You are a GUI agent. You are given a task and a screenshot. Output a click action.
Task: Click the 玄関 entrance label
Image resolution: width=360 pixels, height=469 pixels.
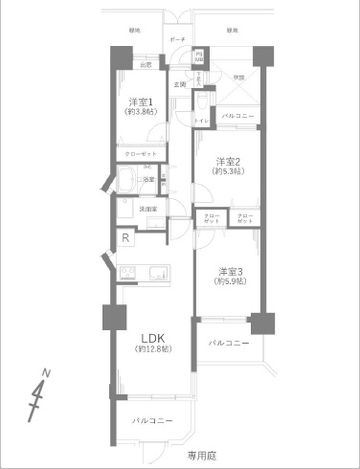(x=179, y=85)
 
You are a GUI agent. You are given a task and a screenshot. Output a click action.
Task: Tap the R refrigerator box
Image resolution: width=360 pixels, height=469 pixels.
(x=124, y=238)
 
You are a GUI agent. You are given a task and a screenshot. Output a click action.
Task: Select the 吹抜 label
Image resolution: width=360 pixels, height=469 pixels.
(x=238, y=77)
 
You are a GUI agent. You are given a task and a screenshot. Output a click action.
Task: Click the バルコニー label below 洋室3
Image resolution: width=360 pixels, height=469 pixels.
(x=229, y=342)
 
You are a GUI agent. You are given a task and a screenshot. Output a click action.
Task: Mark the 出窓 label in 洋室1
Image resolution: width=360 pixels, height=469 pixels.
(x=146, y=65)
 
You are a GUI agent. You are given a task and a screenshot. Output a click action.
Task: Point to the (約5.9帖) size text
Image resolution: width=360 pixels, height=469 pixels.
(x=230, y=281)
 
